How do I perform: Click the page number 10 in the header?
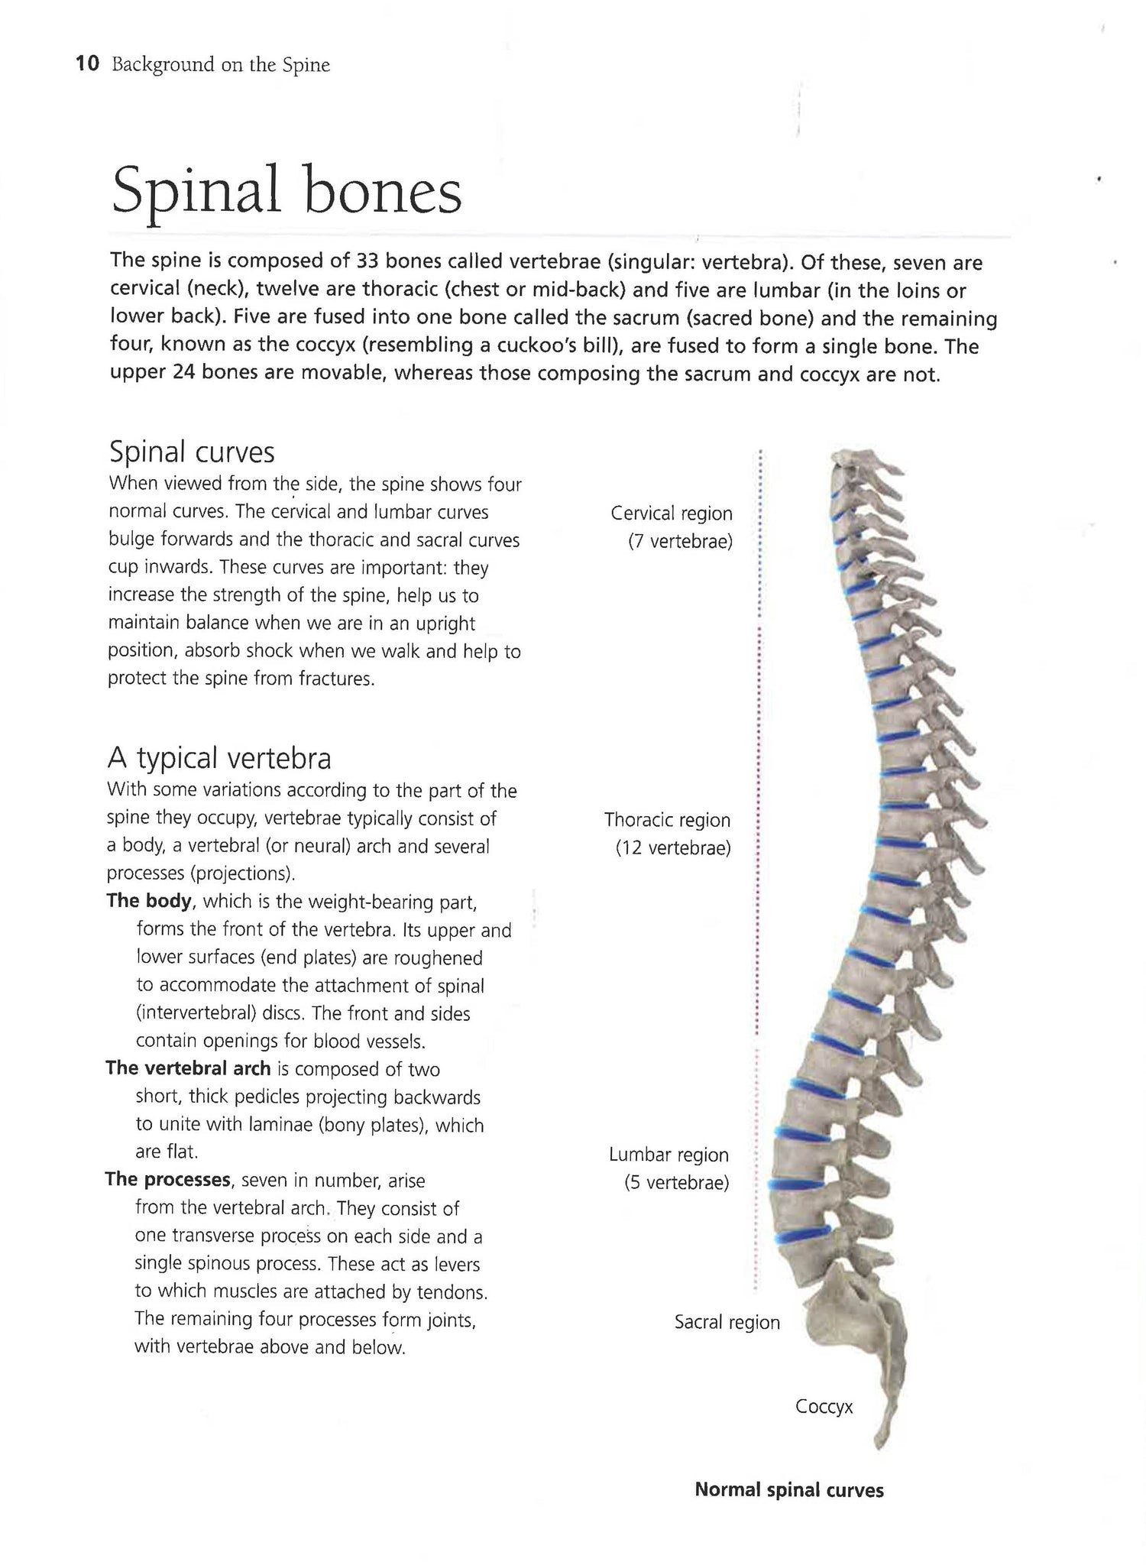pyautogui.click(x=88, y=64)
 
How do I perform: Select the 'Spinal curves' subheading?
pyautogui.click(x=192, y=452)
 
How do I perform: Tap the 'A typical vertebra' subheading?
pyautogui.click(x=219, y=759)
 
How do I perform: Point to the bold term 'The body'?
pyautogui.click(x=149, y=901)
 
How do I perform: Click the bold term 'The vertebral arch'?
pyautogui.click(x=189, y=1068)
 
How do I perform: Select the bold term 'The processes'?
pyautogui.click(x=168, y=1179)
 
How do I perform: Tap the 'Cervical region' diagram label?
pyautogui.click(x=672, y=514)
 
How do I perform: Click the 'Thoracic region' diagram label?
pyautogui.click(x=667, y=820)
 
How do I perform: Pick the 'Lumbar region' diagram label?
pyautogui.click(x=668, y=1155)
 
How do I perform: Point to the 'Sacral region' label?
pyautogui.click(x=727, y=1322)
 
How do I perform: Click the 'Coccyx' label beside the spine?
pyautogui.click(x=824, y=1406)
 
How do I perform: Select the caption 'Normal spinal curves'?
pyautogui.click(x=788, y=1489)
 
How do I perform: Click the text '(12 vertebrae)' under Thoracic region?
pyautogui.click(x=673, y=848)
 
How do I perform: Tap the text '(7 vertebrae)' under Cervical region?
pyautogui.click(x=680, y=542)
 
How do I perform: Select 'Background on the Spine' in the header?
pyautogui.click(x=221, y=65)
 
